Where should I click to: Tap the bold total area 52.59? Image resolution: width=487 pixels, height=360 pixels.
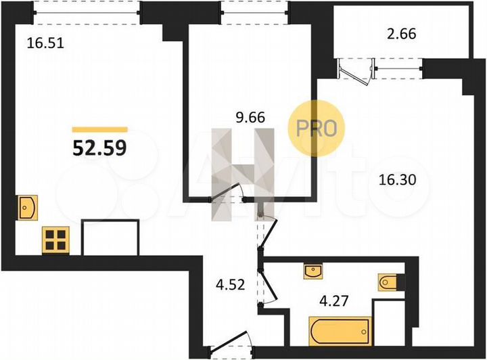click(99, 147)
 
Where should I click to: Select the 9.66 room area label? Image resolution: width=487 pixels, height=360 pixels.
click(249, 116)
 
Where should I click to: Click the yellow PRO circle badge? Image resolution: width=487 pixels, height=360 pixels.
click(317, 129)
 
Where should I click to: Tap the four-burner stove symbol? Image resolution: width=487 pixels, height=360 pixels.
click(55, 240)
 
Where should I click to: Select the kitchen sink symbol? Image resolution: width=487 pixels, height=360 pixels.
click(28, 204)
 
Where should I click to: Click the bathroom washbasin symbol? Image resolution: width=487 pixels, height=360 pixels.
click(312, 271)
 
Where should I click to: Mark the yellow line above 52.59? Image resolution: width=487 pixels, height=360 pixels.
click(99, 129)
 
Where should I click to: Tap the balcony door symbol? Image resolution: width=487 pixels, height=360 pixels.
click(356, 70)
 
